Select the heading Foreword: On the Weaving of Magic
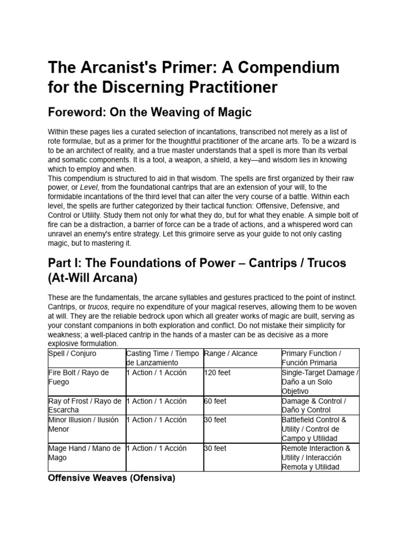[149, 112]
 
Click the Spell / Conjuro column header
[73, 353]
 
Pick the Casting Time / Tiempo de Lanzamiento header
[163, 358]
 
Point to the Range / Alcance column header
[231, 353]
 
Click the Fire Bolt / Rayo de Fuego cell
[78, 377]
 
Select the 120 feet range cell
[218, 373]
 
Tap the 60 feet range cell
[216, 401]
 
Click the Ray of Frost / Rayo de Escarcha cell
[85, 406]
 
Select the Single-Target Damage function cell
[320, 382]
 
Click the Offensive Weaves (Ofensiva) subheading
[111, 478]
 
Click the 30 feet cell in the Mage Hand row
[216, 448]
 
